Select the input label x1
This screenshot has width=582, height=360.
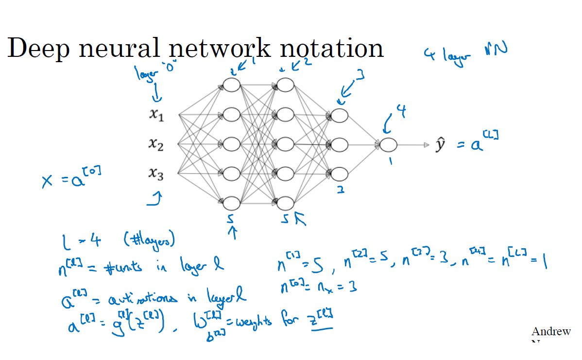pos(156,115)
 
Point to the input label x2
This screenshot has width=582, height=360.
pos(156,144)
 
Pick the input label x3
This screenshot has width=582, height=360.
pos(156,173)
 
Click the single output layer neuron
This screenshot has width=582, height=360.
pos(389,144)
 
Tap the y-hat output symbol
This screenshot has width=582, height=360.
pos(440,145)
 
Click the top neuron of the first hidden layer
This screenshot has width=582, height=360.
pos(232,86)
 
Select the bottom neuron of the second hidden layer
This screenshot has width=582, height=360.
pos(285,203)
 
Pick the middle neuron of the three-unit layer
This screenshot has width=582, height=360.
pos(340,144)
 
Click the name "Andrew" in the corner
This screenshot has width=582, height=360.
pos(551,332)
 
